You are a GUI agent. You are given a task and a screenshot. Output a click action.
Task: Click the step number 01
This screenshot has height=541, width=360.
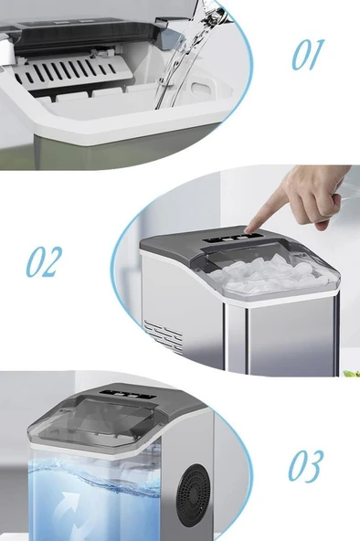click(308, 55)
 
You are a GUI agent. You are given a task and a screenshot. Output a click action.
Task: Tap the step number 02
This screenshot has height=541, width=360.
click(44, 261)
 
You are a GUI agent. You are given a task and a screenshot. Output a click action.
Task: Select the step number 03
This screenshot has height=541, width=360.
click(306, 466)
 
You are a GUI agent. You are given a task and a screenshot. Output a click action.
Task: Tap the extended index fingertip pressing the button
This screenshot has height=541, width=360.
click(249, 229)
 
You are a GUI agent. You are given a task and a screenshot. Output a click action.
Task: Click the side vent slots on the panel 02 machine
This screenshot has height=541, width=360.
click(164, 336)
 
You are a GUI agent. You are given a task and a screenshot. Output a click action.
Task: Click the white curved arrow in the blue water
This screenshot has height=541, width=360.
click(69, 514)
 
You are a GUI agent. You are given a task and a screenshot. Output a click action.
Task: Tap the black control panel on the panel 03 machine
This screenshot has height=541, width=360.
click(128, 394)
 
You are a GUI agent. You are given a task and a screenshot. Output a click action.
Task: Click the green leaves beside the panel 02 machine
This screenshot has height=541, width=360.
click(352, 374)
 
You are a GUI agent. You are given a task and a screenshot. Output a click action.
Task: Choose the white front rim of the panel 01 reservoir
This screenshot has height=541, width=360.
click(114, 126)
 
